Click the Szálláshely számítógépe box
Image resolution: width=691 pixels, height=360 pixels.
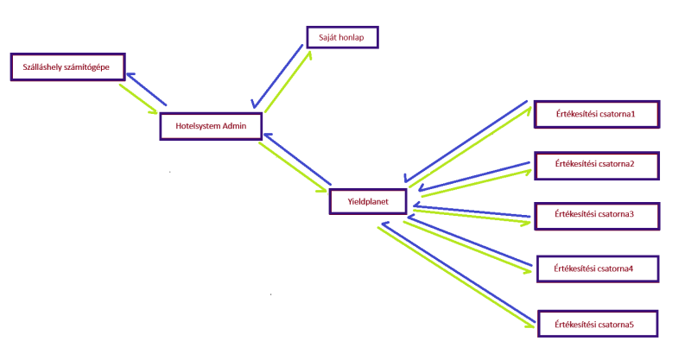(x=67, y=66)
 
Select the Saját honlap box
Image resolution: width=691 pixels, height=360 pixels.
(x=342, y=37)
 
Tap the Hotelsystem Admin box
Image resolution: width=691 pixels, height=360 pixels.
(x=211, y=126)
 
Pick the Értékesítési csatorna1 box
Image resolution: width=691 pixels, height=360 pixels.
(x=596, y=114)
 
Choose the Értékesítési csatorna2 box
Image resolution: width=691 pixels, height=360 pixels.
(x=596, y=164)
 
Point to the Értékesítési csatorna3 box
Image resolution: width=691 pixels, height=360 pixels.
(x=596, y=215)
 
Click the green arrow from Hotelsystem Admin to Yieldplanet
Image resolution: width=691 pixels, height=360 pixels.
(x=290, y=164)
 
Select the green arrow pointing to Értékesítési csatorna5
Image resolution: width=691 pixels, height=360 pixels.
(x=454, y=276)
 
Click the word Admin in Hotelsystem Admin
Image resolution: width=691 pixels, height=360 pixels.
(x=235, y=126)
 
